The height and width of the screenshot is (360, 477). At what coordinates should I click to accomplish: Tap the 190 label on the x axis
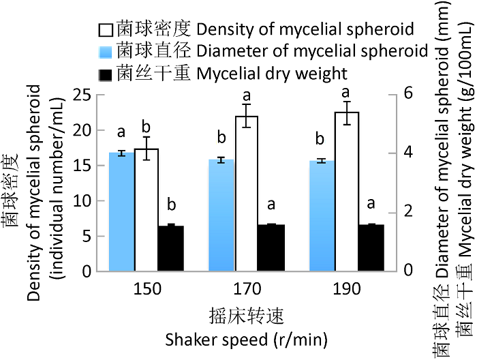[x=347, y=289]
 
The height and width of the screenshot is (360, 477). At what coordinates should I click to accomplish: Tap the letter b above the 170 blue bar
[x=221, y=138]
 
